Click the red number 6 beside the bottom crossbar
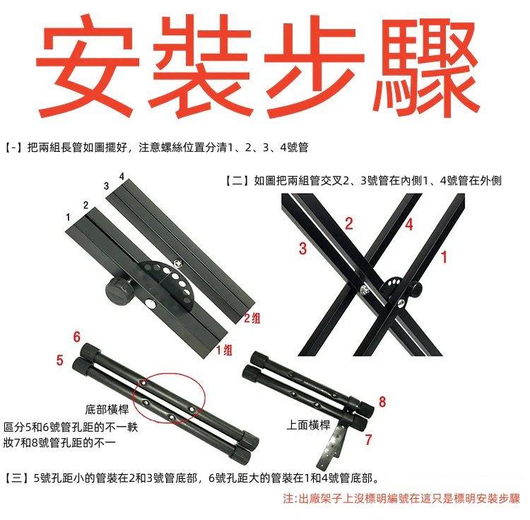coord(77,336)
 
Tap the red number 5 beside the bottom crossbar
coord(60,360)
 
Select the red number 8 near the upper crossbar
coord(382,402)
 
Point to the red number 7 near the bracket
coord(369,439)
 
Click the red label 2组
coord(252,318)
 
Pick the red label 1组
coord(225,350)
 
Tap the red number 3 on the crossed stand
coord(303,249)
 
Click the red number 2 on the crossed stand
coord(349,224)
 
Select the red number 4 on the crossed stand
coord(409,225)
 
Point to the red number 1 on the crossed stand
coord(444,257)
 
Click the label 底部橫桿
coord(107,410)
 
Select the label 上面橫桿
coord(308,425)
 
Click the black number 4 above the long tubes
coord(122,177)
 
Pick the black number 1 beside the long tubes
coord(68,217)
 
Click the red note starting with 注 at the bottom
coord(401,499)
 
